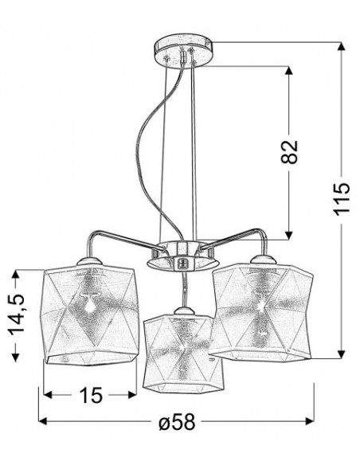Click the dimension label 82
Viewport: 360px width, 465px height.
[288, 151]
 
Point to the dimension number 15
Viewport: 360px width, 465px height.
[90, 395]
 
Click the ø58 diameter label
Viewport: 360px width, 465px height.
[177, 421]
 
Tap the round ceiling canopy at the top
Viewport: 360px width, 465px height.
[183, 50]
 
